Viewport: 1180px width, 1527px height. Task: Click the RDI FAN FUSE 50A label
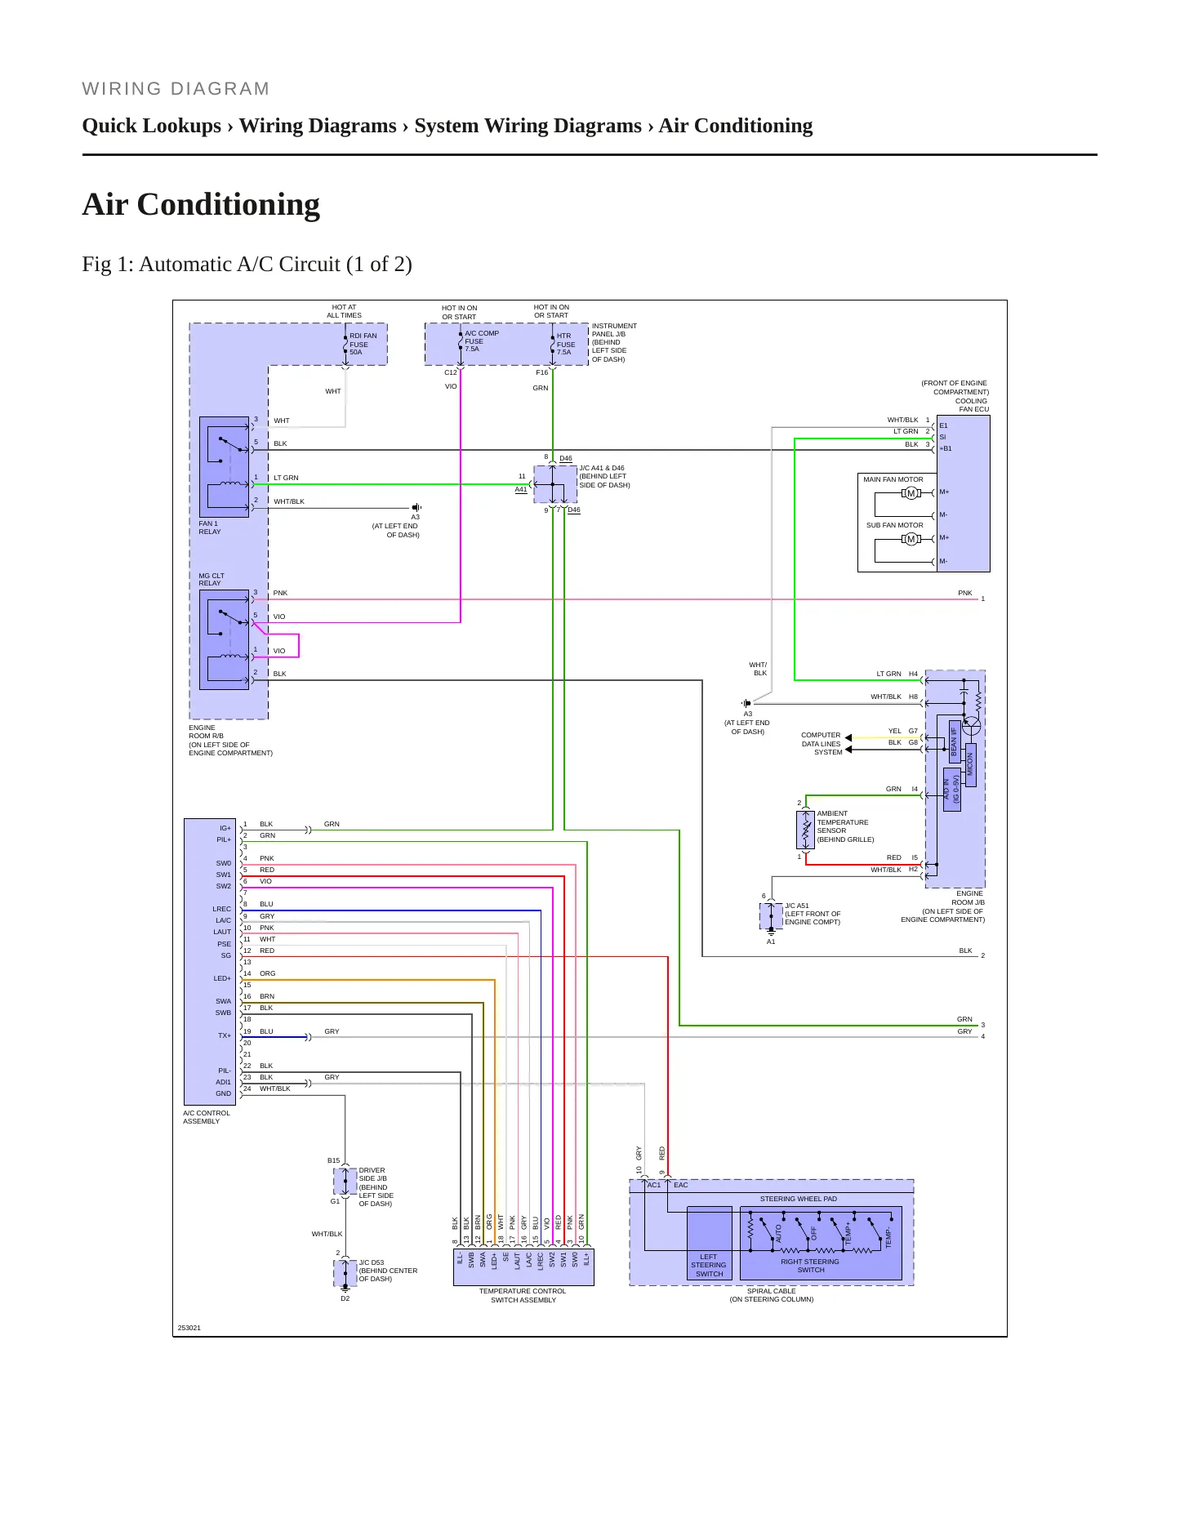(363, 344)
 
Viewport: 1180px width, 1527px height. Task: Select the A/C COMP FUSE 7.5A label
(482, 341)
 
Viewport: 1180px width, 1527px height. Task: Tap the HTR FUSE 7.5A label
(566, 344)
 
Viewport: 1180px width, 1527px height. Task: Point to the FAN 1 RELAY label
(210, 528)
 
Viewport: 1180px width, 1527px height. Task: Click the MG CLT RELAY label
(212, 579)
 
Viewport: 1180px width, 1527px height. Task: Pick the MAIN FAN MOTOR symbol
(911, 493)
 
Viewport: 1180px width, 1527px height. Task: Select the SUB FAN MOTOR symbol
(911, 539)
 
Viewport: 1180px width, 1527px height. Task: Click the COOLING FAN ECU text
(972, 405)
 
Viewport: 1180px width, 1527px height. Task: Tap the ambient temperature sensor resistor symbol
(806, 830)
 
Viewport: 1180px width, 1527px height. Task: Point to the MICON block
(970, 763)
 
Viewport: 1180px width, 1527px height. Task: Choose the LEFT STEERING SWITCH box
(709, 1242)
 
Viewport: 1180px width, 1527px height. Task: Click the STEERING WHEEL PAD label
(799, 1199)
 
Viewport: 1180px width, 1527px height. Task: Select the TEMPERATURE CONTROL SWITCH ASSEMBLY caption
(523, 1295)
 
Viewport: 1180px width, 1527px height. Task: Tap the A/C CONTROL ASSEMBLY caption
(207, 1117)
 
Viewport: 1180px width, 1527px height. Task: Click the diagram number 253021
(189, 1328)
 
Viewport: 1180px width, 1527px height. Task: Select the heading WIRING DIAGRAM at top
(176, 89)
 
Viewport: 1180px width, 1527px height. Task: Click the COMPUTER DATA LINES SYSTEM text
(821, 744)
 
